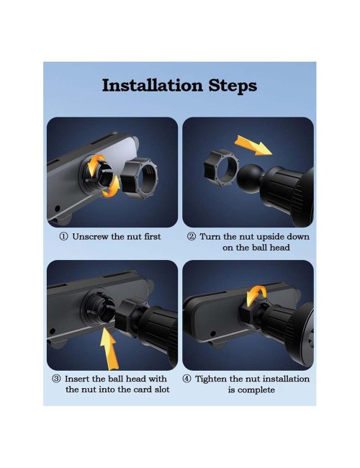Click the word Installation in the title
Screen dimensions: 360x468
click(x=152, y=86)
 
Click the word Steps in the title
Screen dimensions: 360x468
click(x=233, y=86)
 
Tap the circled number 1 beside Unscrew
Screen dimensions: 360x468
click(x=63, y=237)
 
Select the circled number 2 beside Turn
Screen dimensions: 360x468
click(x=192, y=237)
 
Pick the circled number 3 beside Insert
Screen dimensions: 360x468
click(x=56, y=379)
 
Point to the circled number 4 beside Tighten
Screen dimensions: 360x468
click(x=186, y=379)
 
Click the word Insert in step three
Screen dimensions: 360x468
click(x=77, y=379)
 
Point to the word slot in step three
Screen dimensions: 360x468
click(x=162, y=390)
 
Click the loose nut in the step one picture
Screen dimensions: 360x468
click(x=140, y=178)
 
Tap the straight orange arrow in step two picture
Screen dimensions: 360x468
click(x=253, y=145)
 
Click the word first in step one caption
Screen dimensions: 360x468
click(x=153, y=237)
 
